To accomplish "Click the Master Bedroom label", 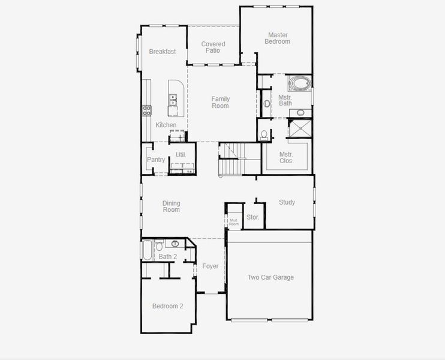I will [277, 38].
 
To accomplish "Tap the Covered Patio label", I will [213, 47].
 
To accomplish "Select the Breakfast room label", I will [163, 52].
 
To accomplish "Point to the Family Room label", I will [220, 103].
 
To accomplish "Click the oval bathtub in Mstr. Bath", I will [299, 83].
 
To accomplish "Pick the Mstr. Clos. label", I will [286, 157].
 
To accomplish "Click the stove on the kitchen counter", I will [146, 110].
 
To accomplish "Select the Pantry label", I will [156, 160].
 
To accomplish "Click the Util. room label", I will [181, 155].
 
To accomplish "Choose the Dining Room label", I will [171, 206].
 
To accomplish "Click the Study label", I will [287, 202].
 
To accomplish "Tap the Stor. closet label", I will [252, 217].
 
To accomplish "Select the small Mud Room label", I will [233, 222].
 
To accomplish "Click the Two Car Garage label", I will [270, 277].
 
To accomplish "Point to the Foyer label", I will [210, 266].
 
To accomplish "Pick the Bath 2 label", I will [167, 257].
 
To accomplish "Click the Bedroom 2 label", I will [167, 306].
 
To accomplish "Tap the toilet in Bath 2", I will [159, 245].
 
